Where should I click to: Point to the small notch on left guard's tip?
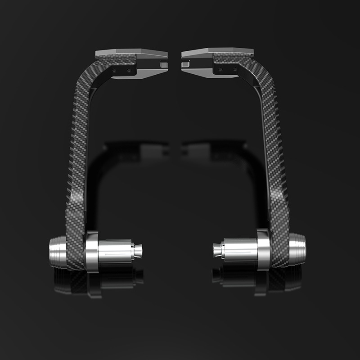click(164, 65)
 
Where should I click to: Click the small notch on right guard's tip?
click(184, 65)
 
